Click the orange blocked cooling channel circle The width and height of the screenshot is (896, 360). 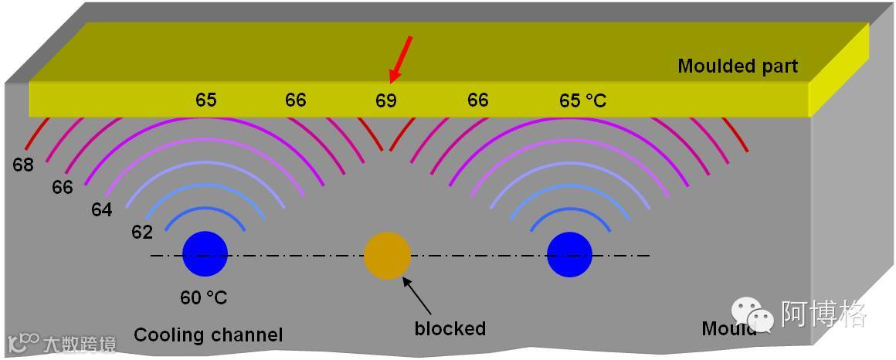(387, 256)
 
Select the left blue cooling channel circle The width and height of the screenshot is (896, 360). (205, 254)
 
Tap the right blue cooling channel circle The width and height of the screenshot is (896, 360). (569, 254)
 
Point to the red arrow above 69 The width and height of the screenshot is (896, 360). (402, 59)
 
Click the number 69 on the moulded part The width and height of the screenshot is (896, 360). (385, 100)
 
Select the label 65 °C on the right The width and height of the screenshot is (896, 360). (582, 100)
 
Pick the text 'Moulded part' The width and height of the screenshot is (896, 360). (737, 66)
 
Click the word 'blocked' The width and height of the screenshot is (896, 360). (450, 328)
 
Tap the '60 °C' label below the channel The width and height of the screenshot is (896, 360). (204, 297)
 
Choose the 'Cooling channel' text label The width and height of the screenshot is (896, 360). (208, 335)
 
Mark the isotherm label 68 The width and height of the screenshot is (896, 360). (23, 165)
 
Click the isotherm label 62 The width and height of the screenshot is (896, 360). (142, 232)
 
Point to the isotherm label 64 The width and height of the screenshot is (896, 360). (101, 209)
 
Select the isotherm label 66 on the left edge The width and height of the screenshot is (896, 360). (62, 187)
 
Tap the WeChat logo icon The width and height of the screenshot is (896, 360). (752, 314)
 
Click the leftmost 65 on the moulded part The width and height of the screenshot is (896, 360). (205, 100)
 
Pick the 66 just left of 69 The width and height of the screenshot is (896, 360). (295, 100)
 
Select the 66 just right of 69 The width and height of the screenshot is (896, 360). (477, 100)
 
